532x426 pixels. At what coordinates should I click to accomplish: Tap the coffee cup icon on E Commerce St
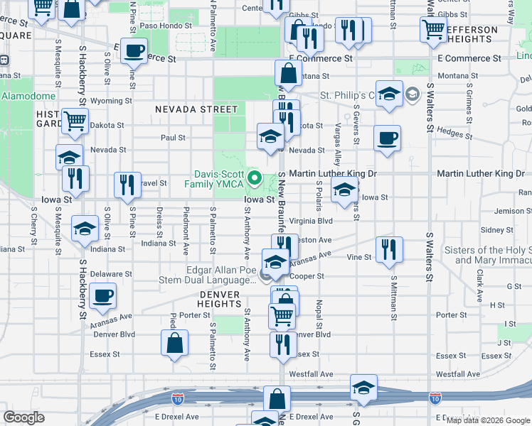point(134,51)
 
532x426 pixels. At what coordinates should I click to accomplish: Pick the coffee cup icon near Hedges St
point(387,138)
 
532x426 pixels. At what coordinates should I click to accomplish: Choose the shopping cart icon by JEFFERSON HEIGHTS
point(432,30)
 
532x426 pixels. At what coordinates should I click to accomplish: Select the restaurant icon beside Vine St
point(389,248)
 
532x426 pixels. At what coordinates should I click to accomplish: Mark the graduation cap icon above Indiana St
point(85,229)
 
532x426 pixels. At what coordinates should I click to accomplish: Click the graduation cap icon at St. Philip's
point(389,94)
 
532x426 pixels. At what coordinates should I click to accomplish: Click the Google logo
point(23,417)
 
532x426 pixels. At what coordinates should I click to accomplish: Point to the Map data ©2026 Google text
point(487,420)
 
